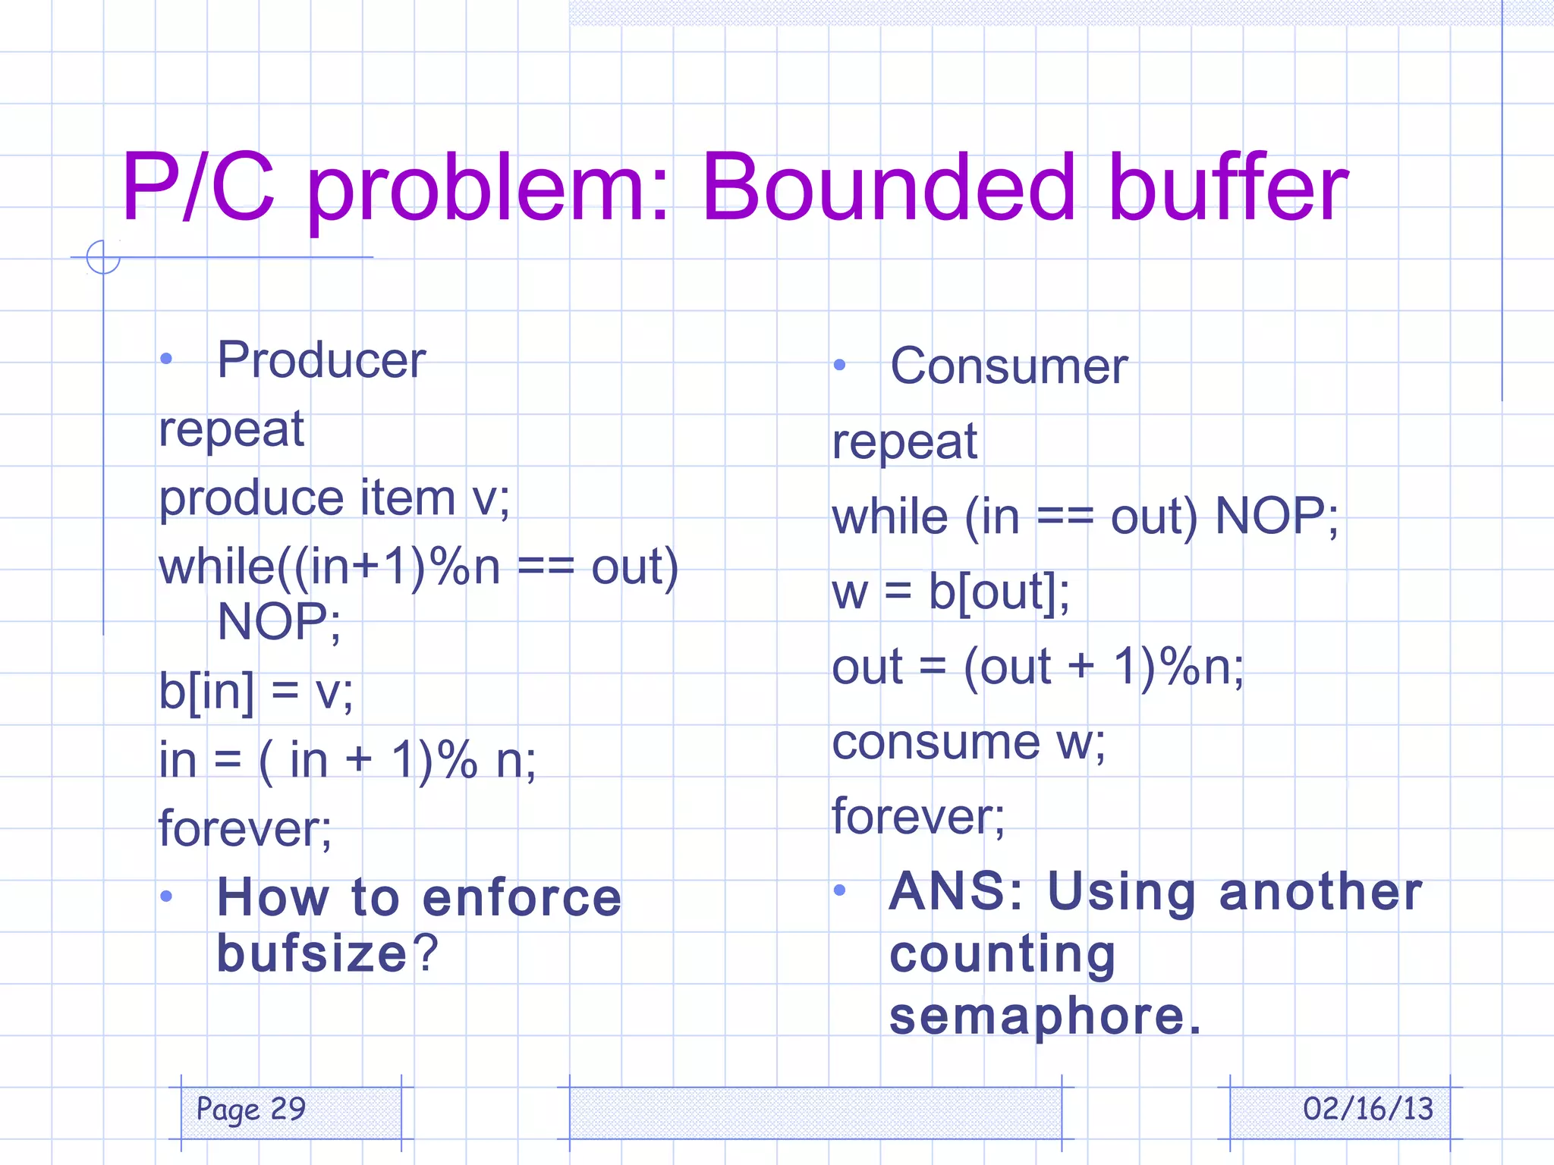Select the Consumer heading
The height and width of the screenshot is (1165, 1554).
click(x=1008, y=366)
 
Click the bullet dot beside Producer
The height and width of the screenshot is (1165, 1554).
click(x=167, y=359)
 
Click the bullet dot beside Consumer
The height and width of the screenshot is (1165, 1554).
click(x=839, y=365)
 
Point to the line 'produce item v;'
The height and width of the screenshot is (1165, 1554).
click(x=334, y=499)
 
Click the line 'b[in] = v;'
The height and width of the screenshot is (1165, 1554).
click(x=256, y=692)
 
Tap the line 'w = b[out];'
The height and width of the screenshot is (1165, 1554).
click(x=951, y=592)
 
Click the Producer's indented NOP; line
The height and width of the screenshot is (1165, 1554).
click(x=278, y=622)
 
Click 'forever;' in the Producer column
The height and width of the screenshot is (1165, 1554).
click(x=245, y=828)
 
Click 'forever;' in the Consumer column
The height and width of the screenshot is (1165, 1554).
click(x=918, y=817)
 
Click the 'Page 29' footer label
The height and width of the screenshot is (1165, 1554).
click(x=251, y=1109)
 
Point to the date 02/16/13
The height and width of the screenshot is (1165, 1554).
click(x=1367, y=1109)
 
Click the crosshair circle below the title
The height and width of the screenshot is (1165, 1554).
click(x=103, y=257)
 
